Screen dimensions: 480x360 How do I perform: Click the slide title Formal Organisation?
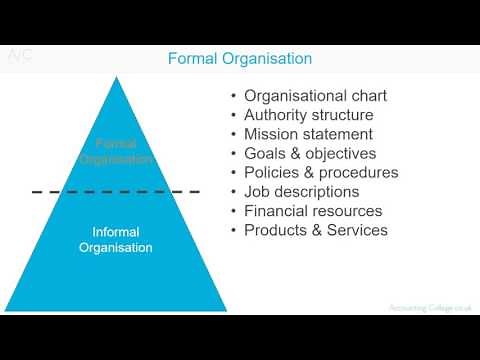click(x=239, y=59)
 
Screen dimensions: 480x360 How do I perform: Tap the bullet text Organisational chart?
click(x=315, y=97)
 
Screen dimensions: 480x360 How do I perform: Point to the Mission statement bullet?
click(x=308, y=135)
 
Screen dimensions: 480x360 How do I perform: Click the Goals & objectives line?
click(x=310, y=154)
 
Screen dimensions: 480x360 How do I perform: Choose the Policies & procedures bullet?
click(x=321, y=173)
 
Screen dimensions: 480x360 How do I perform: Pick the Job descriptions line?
click(x=301, y=192)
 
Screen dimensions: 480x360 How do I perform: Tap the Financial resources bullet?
click(x=313, y=211)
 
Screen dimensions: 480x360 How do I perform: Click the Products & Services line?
click(x=315, y=230)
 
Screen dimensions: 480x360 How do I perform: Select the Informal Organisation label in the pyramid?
click(x=116, y=239)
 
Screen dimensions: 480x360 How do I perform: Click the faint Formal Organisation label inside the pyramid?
click(x=117, y=151)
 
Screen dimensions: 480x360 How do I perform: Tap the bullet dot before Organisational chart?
click(x=233, y=97)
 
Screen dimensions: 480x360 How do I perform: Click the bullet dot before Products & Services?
click(x=233, y=230)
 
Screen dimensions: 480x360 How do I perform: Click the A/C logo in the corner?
click(x=21, y=56)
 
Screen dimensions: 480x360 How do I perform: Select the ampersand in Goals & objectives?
click(x=295, y=154)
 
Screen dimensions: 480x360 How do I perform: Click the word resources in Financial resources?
click(x=346, y=211)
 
